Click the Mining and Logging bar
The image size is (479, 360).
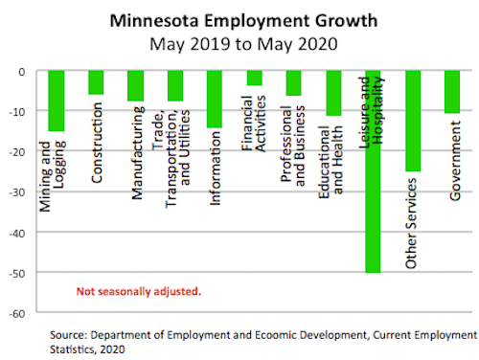[57, 101]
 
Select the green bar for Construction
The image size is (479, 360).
[96, 82]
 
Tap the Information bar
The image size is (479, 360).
[215, 100]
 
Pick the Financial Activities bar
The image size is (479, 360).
[255, 79]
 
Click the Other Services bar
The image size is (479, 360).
[413, 121]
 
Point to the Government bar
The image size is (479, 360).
[452, 92]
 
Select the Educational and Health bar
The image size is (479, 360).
[333, 93]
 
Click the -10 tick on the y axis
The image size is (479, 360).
[17, 112]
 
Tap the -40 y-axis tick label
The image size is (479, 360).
[17, 234]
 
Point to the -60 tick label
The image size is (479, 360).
[17, 314]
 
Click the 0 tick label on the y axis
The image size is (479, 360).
[22, 72]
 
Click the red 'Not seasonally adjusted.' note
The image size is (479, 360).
[139, 292]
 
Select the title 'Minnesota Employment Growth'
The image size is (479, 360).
[243, 21]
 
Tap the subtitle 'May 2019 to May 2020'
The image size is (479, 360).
[243, 44]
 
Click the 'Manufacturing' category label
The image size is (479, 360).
[138, 153]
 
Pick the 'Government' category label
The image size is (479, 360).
[455, 161]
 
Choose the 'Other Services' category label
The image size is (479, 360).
[411, 223]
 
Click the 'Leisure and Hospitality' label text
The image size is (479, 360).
[372, 112]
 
